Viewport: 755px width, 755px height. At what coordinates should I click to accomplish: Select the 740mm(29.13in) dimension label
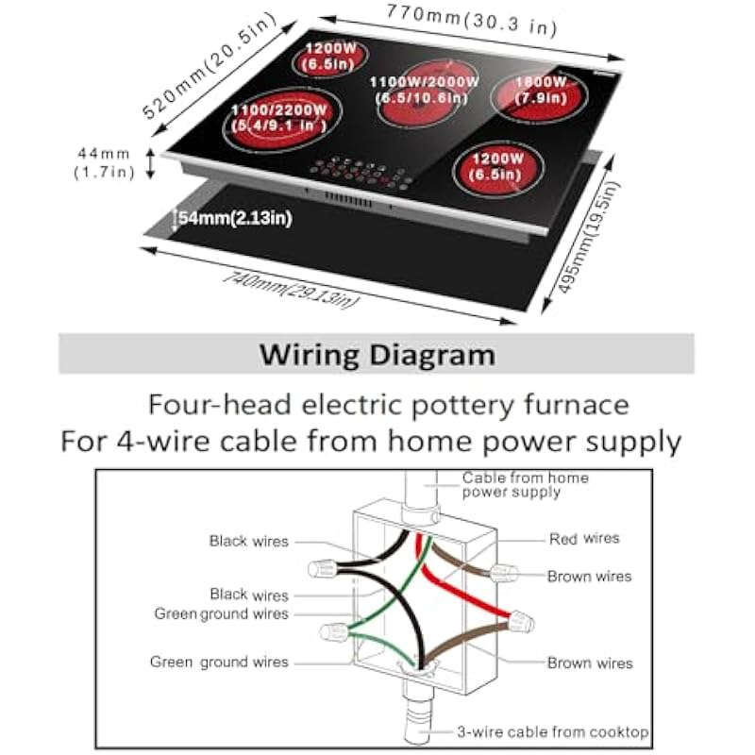coord(293,289)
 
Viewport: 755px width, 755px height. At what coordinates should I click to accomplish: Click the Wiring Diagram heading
coord(377,355)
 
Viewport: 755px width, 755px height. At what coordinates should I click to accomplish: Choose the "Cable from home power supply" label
coord(525,484)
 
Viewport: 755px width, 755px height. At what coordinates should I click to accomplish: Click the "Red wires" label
coord(584,539)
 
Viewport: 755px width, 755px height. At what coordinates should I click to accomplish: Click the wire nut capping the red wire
coord(521,623)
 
